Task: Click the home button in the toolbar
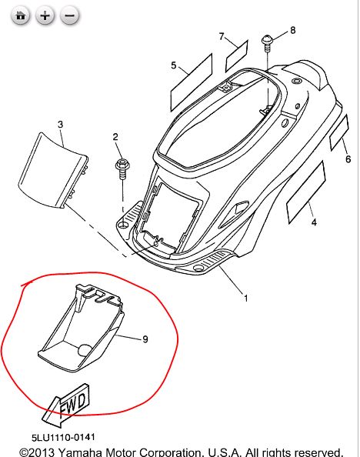coord(21,15)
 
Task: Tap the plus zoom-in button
coord(45,15)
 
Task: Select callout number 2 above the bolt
coord(116,137)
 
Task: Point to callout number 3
coord(61,124)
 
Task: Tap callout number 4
coord(314,223)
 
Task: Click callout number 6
coord(348,159)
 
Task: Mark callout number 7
coord(221,36)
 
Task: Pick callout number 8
coord(292,30)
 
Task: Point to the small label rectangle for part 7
coord(236,56)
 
